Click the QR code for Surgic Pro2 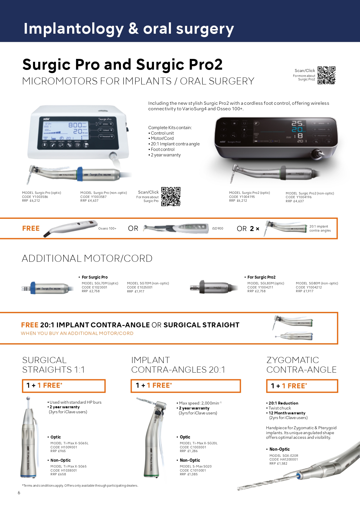(x=326, y=75)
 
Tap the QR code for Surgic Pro (x=171, y=196)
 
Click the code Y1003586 (x=40, y=197)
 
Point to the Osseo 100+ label (x=107, y=229)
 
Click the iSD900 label (x=218, y=229)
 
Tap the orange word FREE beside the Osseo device (x=31, y=229)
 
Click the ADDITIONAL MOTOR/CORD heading (x=87, y=259)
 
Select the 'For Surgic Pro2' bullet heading (x=261, y=277)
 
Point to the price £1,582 (x=282, y=464)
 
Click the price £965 (x=62, y=451)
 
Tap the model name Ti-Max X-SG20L (x=205, y=443)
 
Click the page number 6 (x=19, y=493)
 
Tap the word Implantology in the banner (x=74, y=29)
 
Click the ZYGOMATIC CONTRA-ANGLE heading (x=301, y=365)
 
